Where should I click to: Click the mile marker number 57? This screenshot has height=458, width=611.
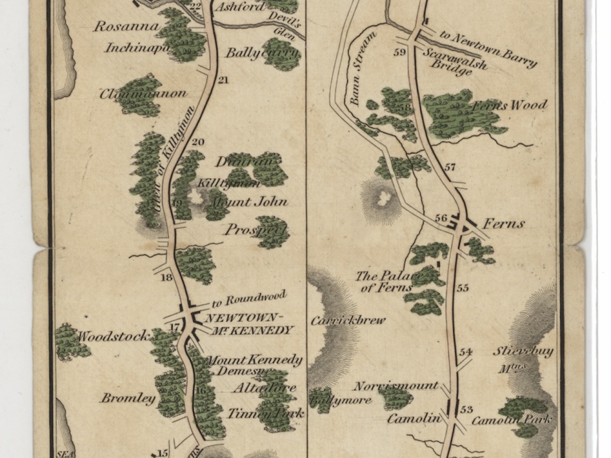point(450,167)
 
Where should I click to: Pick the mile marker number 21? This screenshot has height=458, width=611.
point(223,80)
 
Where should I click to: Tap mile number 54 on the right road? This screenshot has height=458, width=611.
point(465,352)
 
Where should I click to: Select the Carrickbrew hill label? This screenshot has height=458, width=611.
point(348,321)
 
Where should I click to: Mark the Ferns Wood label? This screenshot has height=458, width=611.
point(509,105)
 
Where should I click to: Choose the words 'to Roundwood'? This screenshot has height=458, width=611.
point(249,299)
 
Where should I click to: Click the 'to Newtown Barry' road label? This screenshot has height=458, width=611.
point(488,49)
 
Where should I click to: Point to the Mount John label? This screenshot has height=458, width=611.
point(249,202)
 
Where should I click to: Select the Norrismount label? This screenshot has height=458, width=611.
point(396,386)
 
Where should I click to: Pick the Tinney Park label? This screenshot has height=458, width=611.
point(265,413)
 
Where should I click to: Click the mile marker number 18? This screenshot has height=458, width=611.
point(166,277)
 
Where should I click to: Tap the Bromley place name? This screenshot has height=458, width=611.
point(128,398)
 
